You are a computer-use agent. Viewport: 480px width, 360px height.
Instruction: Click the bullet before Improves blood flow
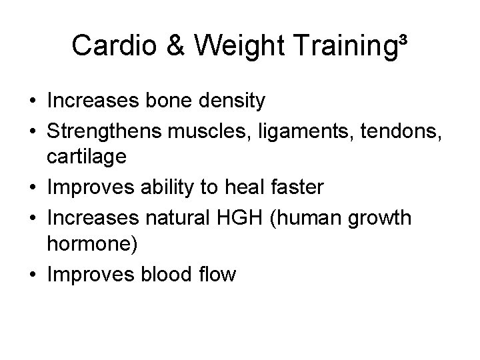[x=32, y=275]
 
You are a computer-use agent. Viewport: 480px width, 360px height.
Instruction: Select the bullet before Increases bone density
[x=32, y=101]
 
